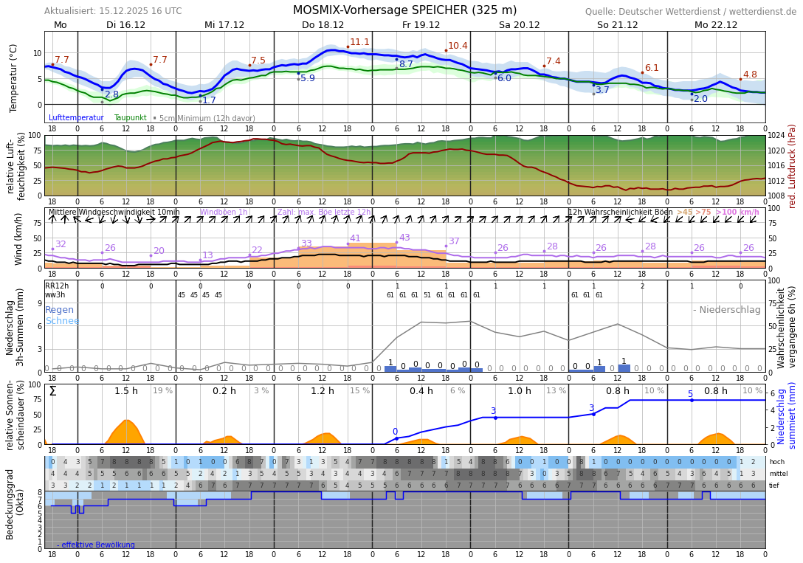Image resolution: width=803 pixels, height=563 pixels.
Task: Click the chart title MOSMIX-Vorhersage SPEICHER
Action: click(x=404, y=10)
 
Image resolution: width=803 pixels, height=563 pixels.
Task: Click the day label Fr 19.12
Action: click(x=421, y=25)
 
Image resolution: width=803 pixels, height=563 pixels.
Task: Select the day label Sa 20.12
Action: click(x=519, y=25)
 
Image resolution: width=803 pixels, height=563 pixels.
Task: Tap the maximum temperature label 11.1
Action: click(x=359, y=42)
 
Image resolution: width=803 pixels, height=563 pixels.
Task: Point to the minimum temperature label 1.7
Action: click(x=209, y=100)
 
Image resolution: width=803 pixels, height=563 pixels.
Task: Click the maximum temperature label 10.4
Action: click(x=458, y=46)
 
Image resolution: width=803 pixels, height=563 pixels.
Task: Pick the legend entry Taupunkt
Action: click(x=130, y=117)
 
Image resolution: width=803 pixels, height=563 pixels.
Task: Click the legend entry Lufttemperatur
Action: click(x=76, y=117)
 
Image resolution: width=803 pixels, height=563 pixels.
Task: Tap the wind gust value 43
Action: click(x=404, y=238)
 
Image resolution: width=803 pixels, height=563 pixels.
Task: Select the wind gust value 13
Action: click(x=207, y=255)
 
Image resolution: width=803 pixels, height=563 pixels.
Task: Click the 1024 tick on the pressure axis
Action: click(x=776, y=136)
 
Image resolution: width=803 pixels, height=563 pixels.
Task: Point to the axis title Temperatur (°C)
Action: click(x=14, y=77)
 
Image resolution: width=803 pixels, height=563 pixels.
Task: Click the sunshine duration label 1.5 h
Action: click(x=126, y=391)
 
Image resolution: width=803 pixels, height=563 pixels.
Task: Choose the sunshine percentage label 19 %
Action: click(x=162, y=391)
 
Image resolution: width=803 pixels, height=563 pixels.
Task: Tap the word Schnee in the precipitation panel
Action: click(x=62, y=321)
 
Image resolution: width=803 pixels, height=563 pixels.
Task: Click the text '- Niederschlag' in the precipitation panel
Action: click(x=726, y=310)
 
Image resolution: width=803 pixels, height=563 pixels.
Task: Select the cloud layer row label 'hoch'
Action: click(x=777, y=462)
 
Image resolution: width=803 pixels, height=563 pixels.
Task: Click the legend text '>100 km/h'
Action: click(x=737, y=213)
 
